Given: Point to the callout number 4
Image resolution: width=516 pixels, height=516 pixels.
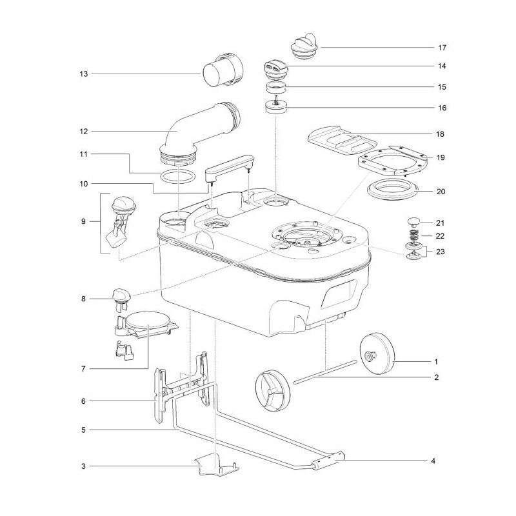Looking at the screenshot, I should pos(433,461).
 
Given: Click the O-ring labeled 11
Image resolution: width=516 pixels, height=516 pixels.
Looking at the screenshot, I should pos(177,177).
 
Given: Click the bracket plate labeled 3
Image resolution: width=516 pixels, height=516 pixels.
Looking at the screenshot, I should pos(216,466).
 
